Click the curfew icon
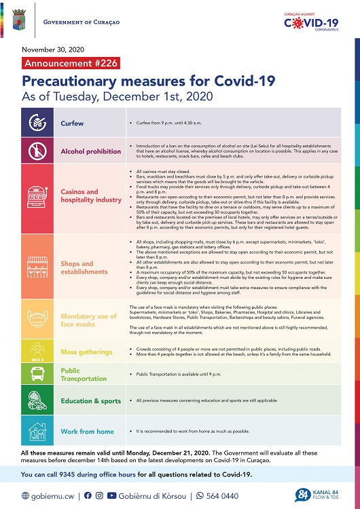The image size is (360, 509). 35,124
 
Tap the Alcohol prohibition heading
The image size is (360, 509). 91,151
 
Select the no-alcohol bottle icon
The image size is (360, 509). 35,151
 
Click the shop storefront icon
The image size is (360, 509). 35,267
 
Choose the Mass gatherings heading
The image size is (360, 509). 86,352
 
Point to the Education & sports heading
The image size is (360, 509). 90,401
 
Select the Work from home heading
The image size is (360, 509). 87,432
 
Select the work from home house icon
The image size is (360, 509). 35,431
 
